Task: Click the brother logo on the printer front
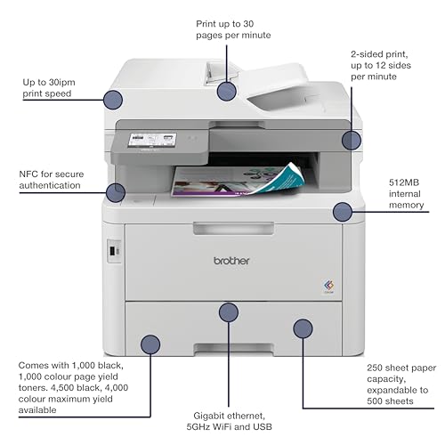(231, 261)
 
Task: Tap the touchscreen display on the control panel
(152, 140)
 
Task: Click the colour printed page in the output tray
(239, 180)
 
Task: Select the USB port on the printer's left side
(112, 251)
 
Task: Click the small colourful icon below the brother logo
(328, 286)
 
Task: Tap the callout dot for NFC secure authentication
(116, 193)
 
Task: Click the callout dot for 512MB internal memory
(343, 212)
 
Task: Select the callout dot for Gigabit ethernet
(229, 312)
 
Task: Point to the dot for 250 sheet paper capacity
(303, 328)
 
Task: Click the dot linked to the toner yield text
(150, 344)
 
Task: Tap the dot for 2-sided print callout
(352, 140)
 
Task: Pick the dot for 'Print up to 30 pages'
(227, 91)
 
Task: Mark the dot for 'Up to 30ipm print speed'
(113, 100)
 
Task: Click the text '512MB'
(404, 182)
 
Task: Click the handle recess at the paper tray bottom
(233, 349)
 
